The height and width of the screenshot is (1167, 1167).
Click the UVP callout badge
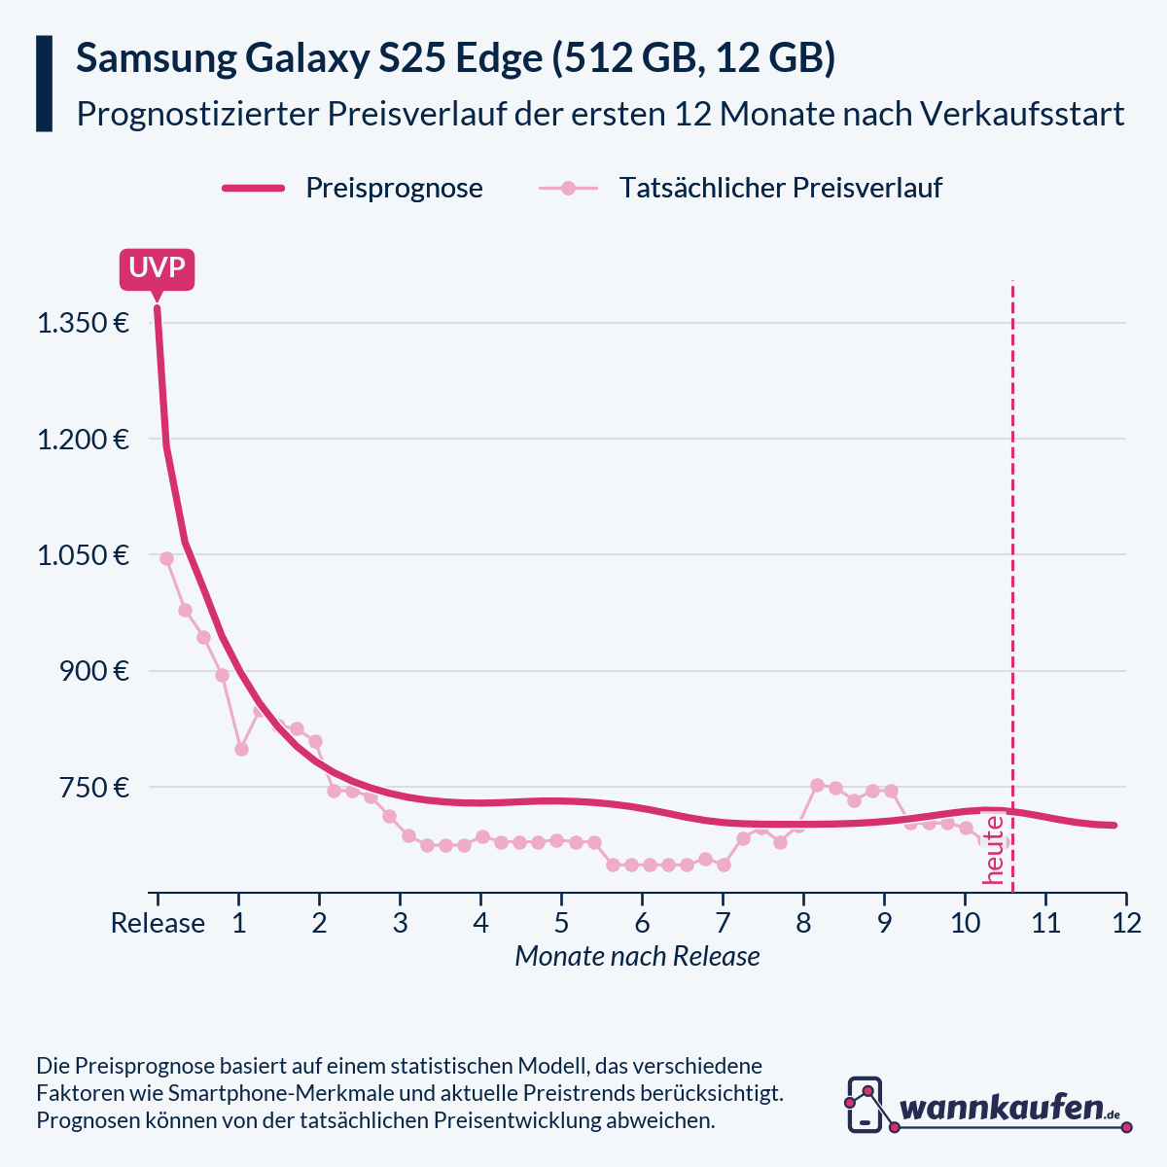(157, 269)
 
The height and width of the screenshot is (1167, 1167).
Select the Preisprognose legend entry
(394, 188)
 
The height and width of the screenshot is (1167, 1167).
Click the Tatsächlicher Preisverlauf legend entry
(780, 188)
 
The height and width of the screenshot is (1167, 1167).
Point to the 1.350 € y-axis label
(84, 323)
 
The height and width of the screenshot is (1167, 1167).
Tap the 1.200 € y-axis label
(84, 440)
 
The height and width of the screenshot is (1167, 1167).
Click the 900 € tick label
(94, 671)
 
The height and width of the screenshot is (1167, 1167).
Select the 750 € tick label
(94, 787)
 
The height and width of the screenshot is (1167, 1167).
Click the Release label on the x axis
(158, 923)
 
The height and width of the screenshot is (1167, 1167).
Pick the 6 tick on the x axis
(642, 923)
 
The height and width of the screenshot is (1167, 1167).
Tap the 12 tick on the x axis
(1126, 923)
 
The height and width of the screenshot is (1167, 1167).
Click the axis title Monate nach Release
(637, 957)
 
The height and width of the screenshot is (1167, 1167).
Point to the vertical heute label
(994, 849)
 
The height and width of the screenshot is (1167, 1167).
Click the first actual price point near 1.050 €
(166, 558)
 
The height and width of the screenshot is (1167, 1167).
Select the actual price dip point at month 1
(241, 749)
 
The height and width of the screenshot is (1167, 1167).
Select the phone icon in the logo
(865, 1104)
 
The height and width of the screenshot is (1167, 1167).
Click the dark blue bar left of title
(44, 84)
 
